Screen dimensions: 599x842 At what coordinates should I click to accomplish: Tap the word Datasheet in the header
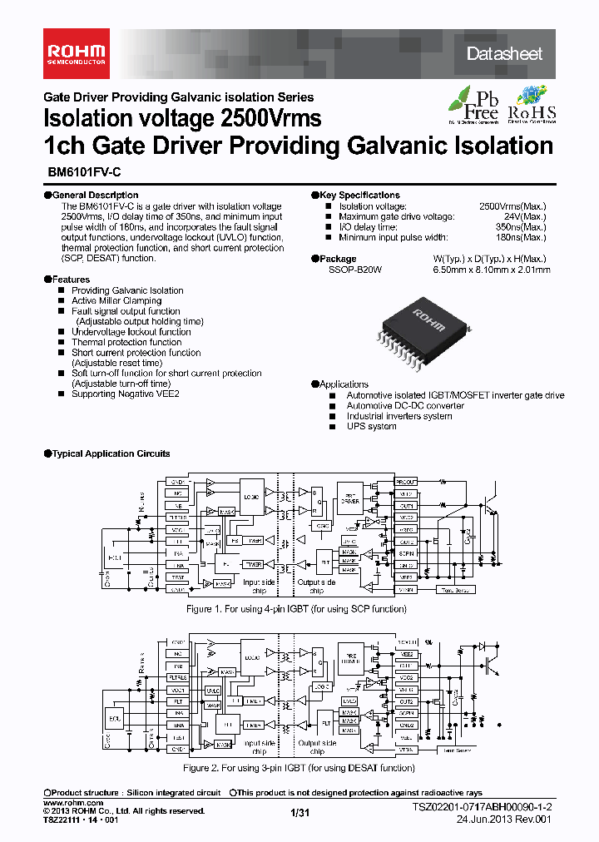pyautogui.click(x=504, y=54)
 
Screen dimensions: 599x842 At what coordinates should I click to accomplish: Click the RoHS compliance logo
pyautogui.click(x=532, y=104)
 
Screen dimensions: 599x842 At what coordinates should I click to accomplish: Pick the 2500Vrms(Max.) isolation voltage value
pyautogui.click(x=512, y=206)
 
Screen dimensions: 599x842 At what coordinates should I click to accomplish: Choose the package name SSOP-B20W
pyautogui.click(x=354, y=270)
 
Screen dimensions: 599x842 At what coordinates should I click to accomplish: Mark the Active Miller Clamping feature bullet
pyautogui.click(x=116, y=301)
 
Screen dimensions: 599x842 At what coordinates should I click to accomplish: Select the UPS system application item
pyautogui.click(x=371, y=426)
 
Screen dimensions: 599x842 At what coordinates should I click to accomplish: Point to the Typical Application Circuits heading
pyautogui.click(x=110, y=453)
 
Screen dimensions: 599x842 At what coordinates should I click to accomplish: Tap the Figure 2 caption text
pyautogui.click(x=298, y=767)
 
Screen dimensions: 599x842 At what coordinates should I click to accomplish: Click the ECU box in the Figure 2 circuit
pyautogui.click(x=115, y=716)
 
